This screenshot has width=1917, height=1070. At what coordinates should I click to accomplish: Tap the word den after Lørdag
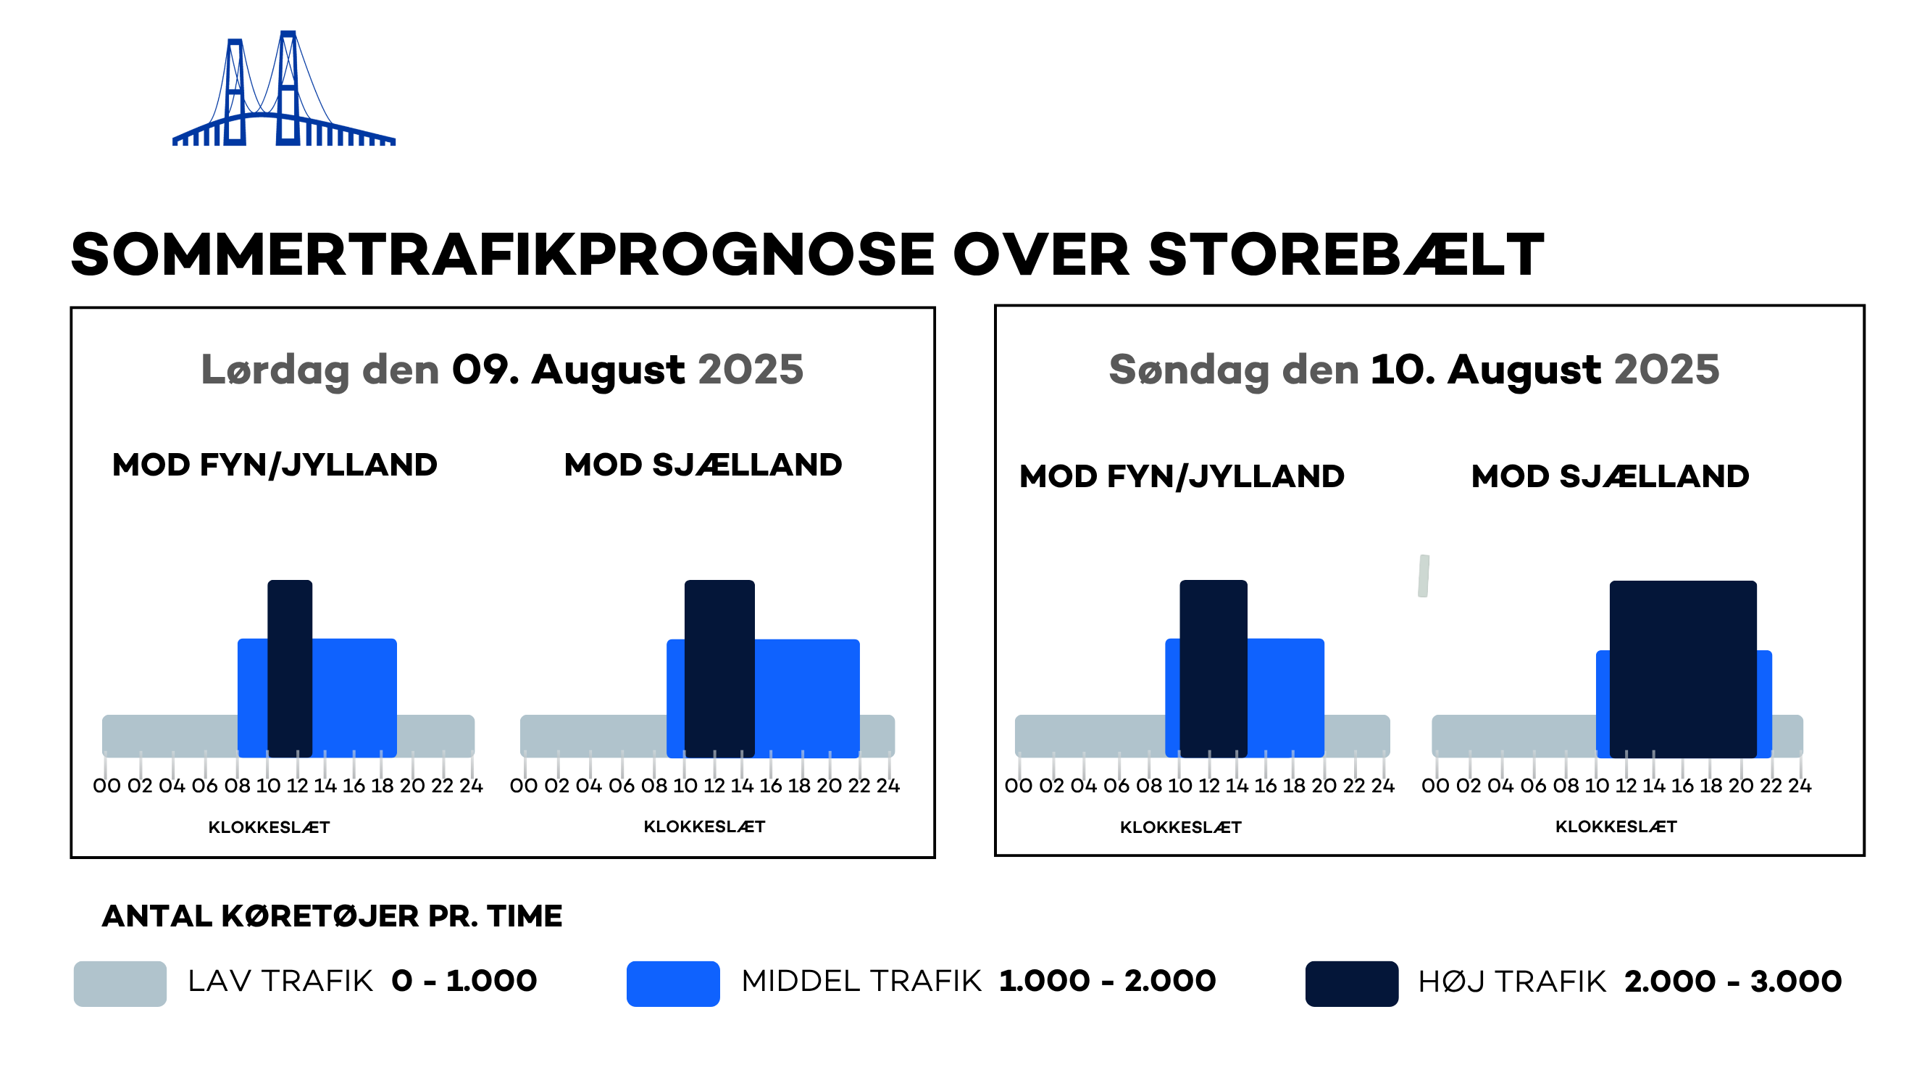401,370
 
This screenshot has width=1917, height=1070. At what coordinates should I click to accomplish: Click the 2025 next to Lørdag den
750,370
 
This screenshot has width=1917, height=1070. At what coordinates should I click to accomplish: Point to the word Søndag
1187,370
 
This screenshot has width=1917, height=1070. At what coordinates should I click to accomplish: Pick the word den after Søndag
1320,370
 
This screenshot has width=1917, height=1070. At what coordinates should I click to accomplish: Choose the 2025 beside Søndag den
1666,370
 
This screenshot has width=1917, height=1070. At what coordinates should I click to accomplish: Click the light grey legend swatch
120,983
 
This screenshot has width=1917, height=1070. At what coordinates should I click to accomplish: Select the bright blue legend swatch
673,983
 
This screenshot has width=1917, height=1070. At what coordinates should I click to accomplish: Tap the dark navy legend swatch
1351,983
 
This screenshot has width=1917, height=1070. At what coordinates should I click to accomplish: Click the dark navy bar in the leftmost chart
290,668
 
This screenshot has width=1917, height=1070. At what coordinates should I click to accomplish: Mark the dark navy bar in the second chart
719,668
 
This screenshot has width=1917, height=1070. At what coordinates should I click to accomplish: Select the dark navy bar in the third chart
1213,668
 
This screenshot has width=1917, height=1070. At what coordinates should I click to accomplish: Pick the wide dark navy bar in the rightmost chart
1682,668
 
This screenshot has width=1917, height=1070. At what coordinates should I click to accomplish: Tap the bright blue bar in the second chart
806,697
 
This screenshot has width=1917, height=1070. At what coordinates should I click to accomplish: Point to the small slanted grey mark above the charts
1423,576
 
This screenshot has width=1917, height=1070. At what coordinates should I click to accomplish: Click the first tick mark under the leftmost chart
105,768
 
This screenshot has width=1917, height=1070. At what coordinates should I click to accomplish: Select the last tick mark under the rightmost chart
1800,768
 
